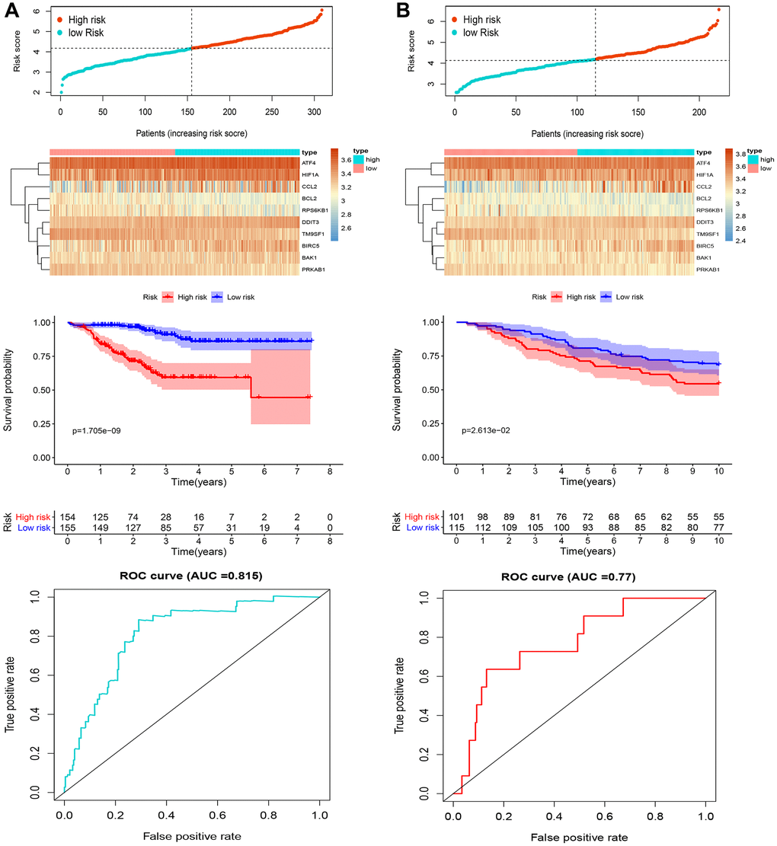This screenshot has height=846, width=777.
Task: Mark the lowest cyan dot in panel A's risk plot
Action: click(x=61, y=92)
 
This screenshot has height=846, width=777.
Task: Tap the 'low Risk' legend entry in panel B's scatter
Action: click(x=476, y=33)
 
